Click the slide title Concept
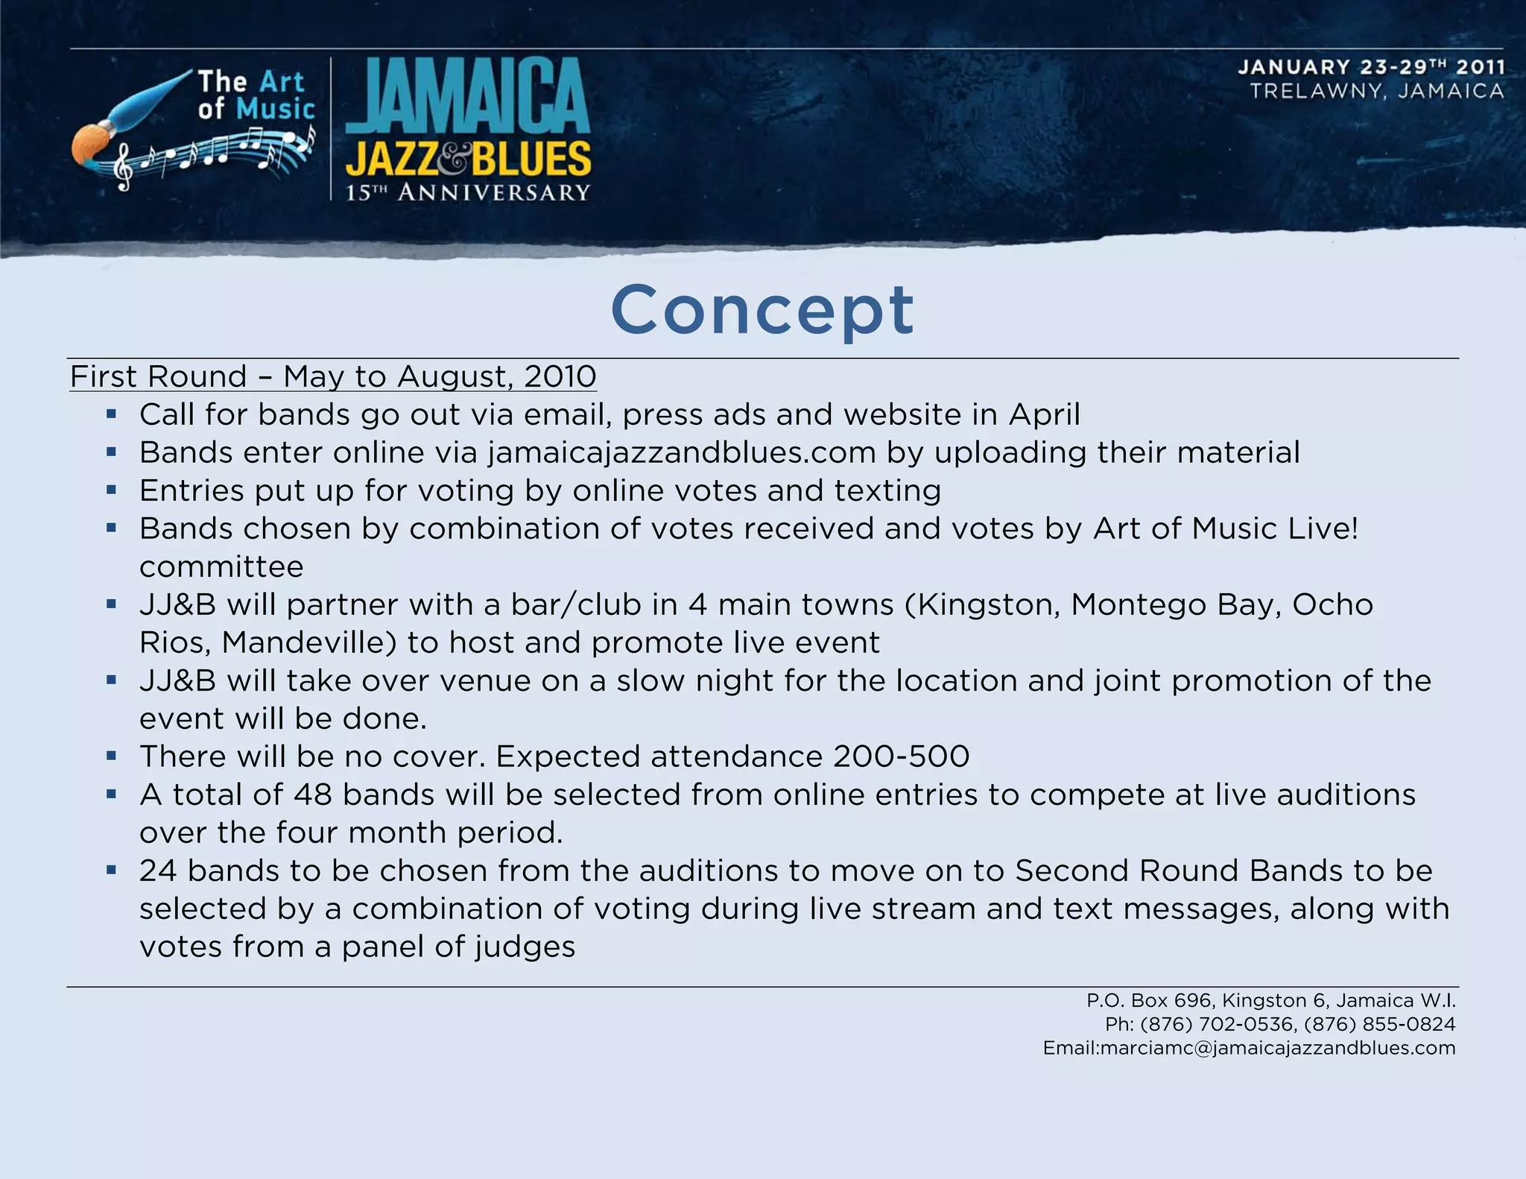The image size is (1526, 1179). click(762, 310)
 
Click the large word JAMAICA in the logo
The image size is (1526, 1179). click(468, 97)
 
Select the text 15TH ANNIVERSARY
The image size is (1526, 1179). click(468, 193)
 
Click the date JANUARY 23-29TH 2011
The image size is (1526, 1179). click(1371, 67)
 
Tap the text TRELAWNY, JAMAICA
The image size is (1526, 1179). click(1377, 92)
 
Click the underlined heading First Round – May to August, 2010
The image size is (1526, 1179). click(333, 376)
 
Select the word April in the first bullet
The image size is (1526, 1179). click(1044, 414)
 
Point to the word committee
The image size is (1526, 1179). click(221, 567)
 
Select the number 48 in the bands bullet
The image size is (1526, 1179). click(312, 794)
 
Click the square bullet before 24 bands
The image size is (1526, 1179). click(112, 870)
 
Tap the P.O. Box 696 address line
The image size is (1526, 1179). click(1270, 1000)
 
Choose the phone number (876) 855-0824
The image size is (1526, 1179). click(1379, 1024)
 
